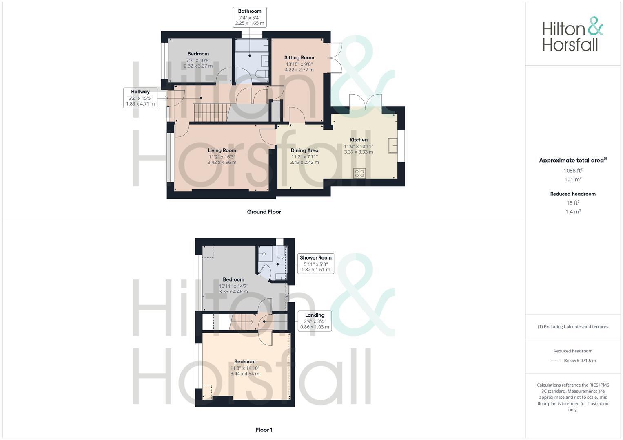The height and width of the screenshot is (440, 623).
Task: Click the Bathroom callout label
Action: coord(250,17)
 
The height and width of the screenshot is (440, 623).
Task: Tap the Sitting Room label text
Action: coord(299,58)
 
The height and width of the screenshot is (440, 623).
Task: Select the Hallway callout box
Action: coord(140,98)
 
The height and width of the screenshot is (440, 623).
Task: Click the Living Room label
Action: coord(222,150)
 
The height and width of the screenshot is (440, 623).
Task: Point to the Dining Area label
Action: coord(304,150)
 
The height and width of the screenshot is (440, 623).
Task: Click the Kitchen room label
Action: coord(359,140)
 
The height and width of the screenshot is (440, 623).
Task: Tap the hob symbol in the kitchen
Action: coord(359,173)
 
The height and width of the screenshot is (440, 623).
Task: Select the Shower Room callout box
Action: coord(315,264)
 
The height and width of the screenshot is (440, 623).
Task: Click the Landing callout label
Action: coord(315,321)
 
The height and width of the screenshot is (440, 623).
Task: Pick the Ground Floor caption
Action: coord(264,212)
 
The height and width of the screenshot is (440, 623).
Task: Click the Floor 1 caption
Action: coord(264,430)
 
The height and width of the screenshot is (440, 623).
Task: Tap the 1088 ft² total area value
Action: coord(573,171)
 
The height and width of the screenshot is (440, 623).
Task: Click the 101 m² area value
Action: coord(573,180)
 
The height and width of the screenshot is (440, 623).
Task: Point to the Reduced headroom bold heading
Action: coord(573,194)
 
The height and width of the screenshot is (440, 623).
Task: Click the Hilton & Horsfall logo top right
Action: coord(572,34)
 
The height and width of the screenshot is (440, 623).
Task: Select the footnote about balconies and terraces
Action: coord(573,326)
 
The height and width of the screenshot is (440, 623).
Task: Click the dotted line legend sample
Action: coord(555,361)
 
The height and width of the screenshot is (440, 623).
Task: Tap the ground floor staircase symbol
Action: coord(210,112)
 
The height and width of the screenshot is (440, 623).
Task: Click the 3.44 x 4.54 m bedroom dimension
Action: coord(245,374)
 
